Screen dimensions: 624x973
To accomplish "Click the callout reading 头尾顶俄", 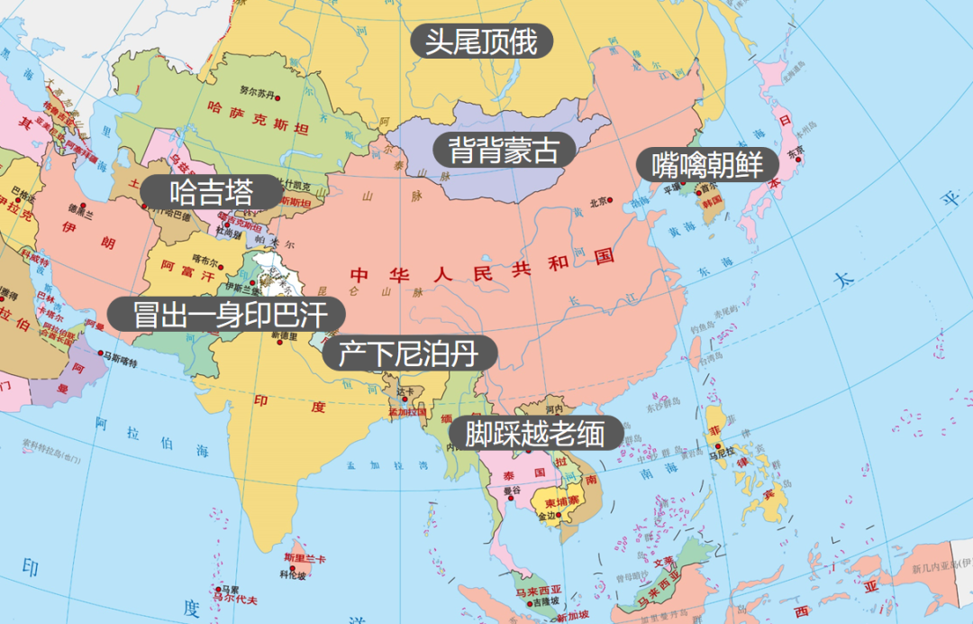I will [481, 41].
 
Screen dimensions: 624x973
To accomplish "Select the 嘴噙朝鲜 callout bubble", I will [706, 165].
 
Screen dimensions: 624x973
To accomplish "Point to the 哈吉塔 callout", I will [213, 192].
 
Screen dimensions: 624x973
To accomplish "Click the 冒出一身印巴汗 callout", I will [226, 315].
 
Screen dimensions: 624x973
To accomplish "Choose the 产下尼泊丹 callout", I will [408, 353].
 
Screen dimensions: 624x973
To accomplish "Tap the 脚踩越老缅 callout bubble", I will [535, 434].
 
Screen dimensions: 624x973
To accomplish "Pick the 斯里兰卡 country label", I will [304, 559].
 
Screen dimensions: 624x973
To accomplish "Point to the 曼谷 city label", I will [512, 491].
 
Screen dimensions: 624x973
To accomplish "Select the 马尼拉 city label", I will [718, 455].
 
